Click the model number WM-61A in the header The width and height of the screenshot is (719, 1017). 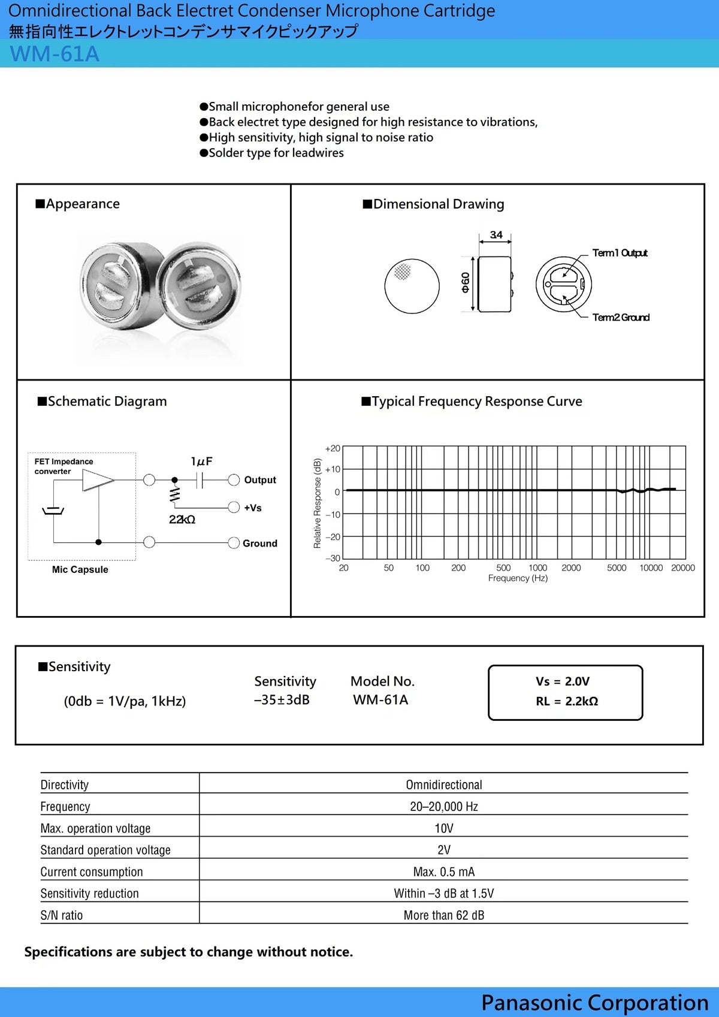[55, 54]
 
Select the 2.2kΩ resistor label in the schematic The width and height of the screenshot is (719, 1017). [182, 520]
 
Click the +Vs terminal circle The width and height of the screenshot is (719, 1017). [234, 508]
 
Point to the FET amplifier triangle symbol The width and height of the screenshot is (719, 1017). [96, 480]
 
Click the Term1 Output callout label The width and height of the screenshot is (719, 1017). [620, 253]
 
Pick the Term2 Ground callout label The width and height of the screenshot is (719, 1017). [621, 318]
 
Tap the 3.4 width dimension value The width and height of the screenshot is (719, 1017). [496, 235]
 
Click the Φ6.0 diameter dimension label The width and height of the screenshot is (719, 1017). [466, 282]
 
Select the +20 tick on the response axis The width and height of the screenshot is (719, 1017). [333, 448]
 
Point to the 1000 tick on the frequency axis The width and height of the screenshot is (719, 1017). [537, 568]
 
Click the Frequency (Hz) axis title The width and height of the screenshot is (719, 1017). [518, 578]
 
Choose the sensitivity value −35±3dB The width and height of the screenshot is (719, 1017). [282, 700]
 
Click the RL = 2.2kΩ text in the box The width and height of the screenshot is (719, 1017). [567, 701]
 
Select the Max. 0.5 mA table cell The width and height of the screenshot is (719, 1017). [443, 871]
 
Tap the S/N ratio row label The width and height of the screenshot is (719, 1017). [62, 915]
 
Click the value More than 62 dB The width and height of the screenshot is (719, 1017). [443, 915]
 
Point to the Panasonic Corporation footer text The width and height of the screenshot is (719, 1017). [594, 1003]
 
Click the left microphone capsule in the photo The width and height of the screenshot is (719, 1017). [117, 286]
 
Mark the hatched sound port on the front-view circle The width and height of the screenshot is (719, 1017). [403, 272]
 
